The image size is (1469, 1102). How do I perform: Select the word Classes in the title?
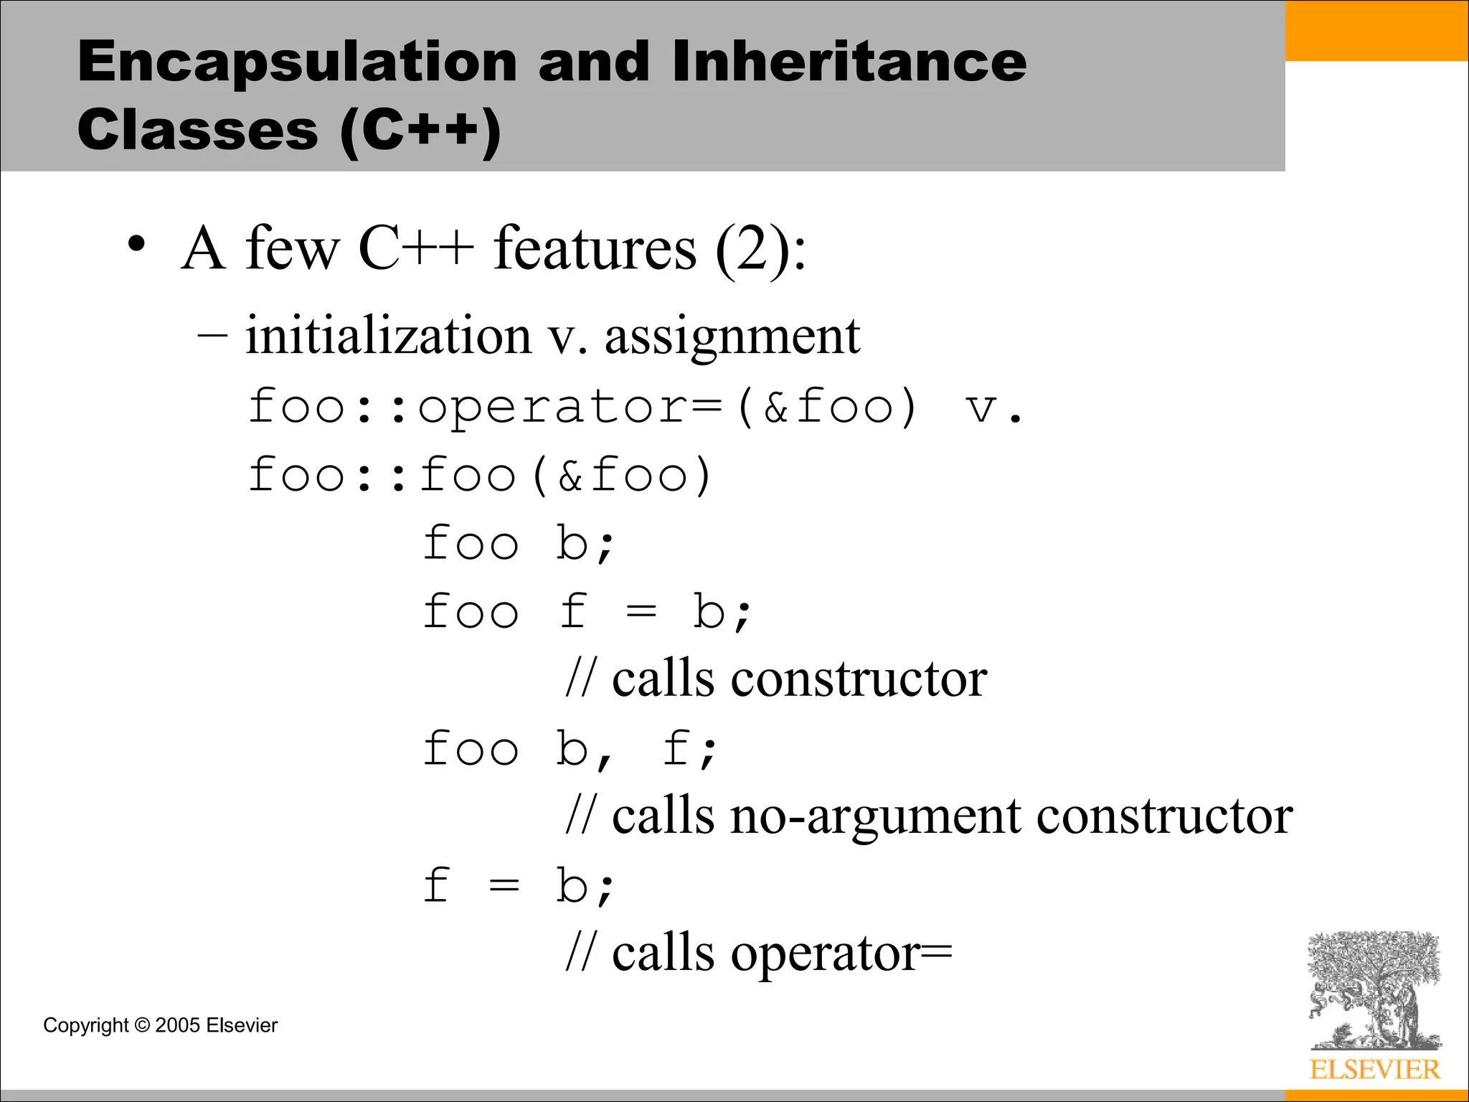[x=197, y=131]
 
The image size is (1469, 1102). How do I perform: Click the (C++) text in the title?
[x=420, y=132]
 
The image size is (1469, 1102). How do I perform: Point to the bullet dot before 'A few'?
[x=136, y=246]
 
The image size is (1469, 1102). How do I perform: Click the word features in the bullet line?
[x=595, y=248]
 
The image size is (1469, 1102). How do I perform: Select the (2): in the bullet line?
[x=761, y=250]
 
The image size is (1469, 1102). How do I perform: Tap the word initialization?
[x=388, y=336]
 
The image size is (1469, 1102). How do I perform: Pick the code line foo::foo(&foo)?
[x=479, y=476]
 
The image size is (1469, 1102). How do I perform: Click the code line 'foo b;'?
[x=518, y=543]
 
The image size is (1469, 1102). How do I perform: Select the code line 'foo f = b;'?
[x=587, y=612]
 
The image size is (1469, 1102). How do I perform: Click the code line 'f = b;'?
[x=518, y=886]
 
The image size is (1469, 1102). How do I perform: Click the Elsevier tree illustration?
[x=1374, y=990]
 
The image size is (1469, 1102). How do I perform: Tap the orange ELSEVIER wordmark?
[x=1374, y=1070]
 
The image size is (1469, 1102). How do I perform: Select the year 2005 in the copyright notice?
[x=177, y=1025]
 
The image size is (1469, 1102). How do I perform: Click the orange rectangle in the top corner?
[x=1376, y=30]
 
